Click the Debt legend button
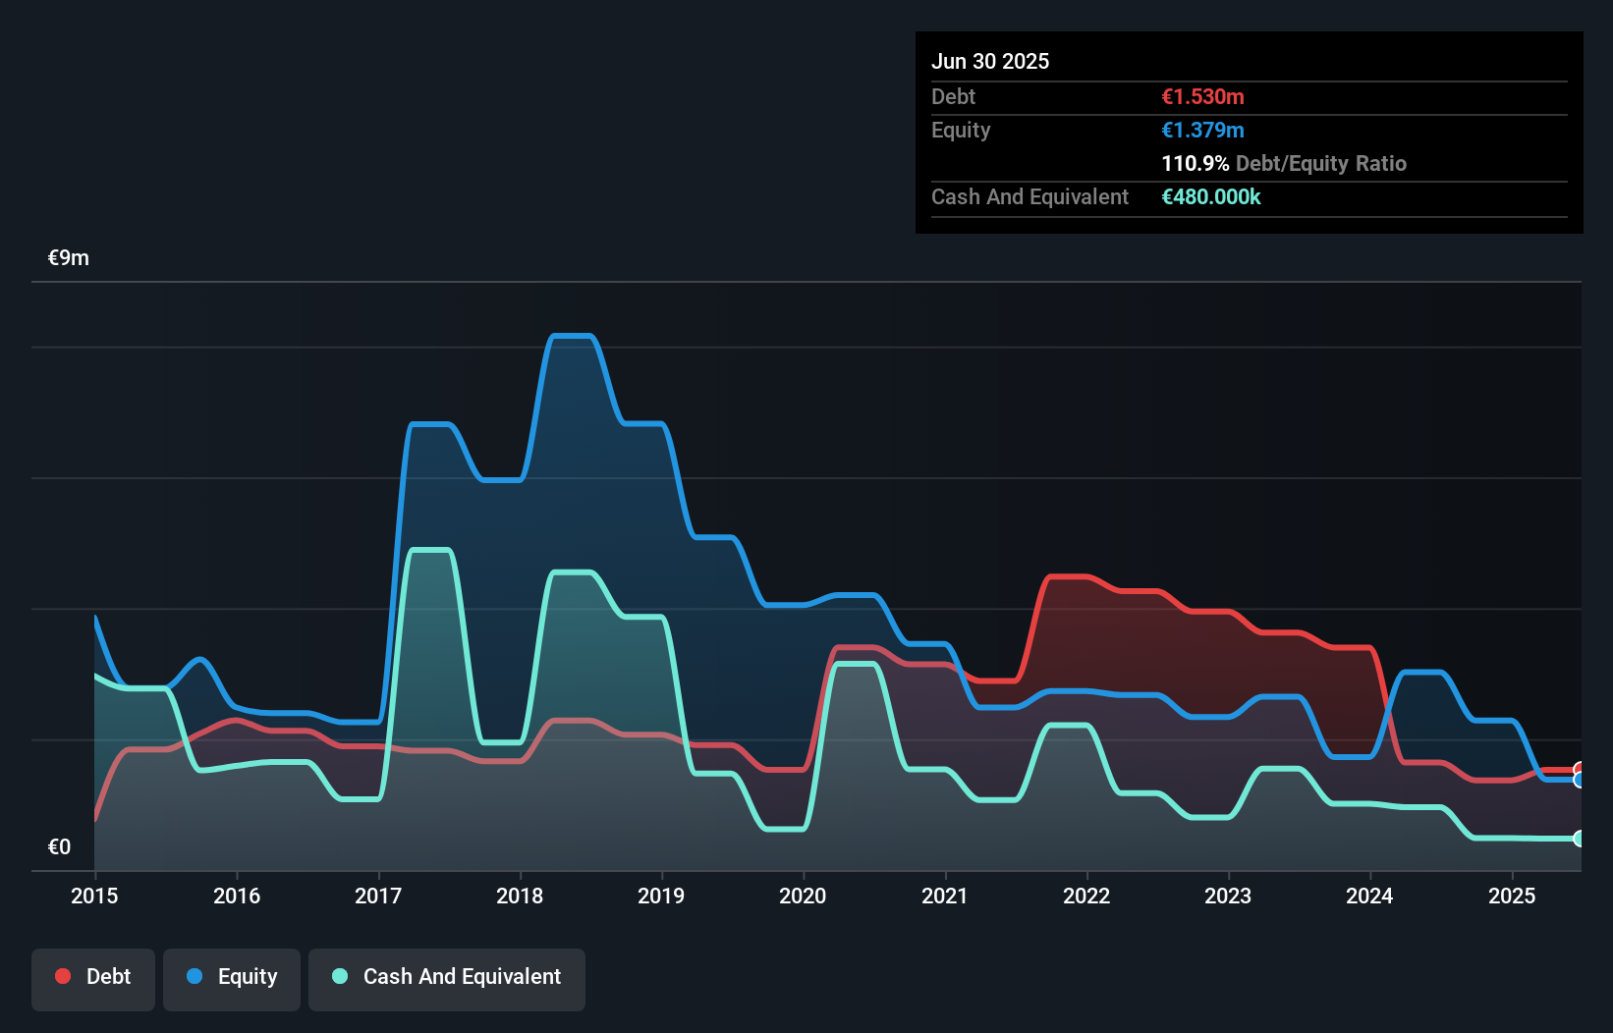[93, 977]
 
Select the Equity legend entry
[232, 977]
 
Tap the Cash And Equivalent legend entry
[447, 977]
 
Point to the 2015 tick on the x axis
[94, 896]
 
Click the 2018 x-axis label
[520, 896]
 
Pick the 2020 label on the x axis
[803, 896]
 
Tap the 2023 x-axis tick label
[1228, 896]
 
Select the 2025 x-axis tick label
[1511, 896]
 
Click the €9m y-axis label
[69, 258]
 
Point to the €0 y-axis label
[59, 846]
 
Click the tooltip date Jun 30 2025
[990, 61]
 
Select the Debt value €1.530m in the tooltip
[1202, 96]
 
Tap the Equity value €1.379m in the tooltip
[1202, 130]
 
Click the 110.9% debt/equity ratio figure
[1195, 163]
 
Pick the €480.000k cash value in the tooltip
[1210, 196]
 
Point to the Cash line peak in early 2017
[429, 550]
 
